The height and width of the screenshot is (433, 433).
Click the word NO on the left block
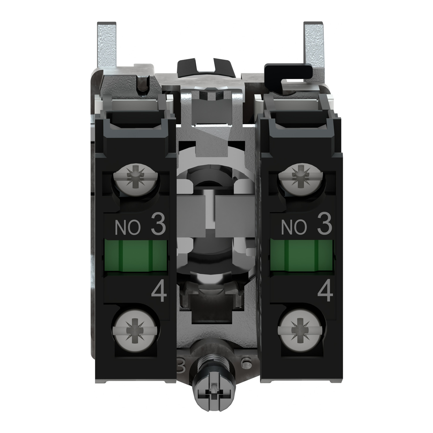coord(128,228)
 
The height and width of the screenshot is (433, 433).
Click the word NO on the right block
coord(294,228)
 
